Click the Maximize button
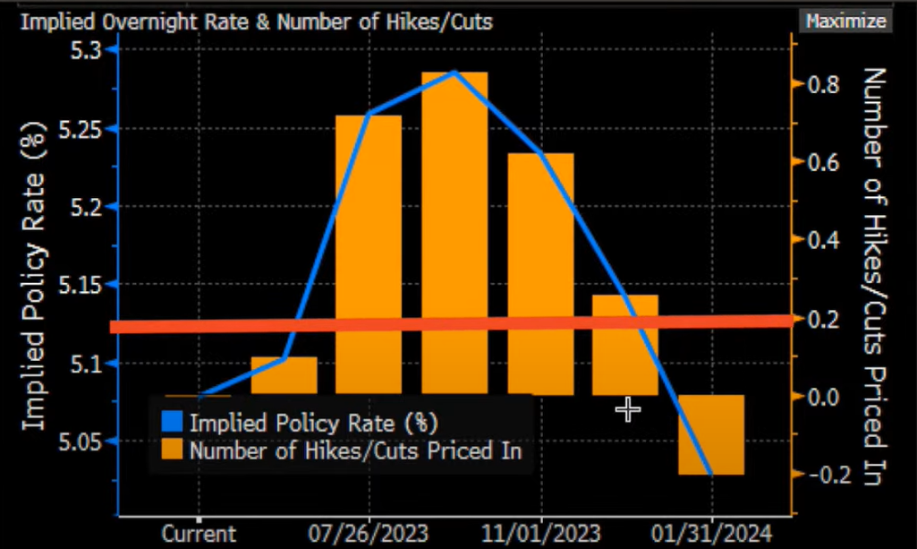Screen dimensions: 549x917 coord(845,21)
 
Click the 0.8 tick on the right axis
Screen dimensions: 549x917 coord(825,84)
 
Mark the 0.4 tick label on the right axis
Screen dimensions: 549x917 coord(825,240)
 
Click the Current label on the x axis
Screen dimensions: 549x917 coord(199,535)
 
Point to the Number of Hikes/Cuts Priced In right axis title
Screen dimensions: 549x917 coord(875,278)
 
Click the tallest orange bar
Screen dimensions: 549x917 coord(454,233)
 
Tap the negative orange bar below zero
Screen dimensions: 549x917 coord(711,434)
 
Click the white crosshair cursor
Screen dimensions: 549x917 coord(628,410)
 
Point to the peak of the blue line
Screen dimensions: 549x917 coord(454,73)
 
